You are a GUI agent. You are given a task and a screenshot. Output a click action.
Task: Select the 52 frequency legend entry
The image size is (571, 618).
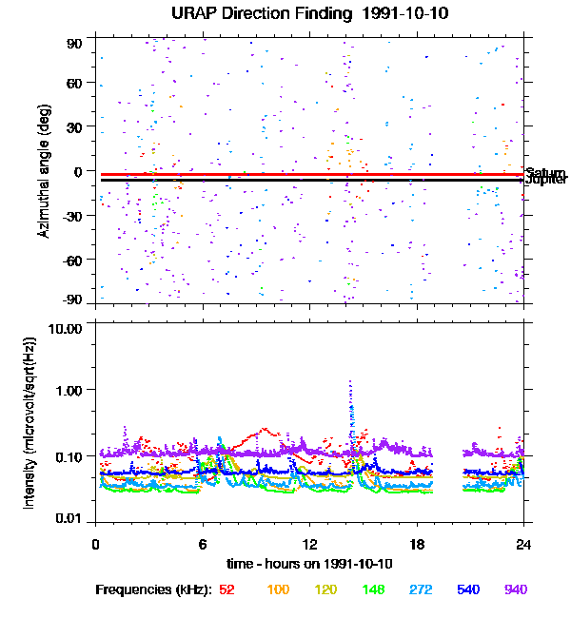[226, 589]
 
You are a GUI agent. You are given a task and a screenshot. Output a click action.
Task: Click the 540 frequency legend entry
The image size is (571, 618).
[467, 589]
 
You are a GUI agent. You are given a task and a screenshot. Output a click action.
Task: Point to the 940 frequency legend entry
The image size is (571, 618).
[515, 589]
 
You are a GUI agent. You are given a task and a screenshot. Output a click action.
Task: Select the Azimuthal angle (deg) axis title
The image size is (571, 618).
[44, 171]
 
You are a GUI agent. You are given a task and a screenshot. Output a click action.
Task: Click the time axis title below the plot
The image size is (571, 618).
[309, 564]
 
